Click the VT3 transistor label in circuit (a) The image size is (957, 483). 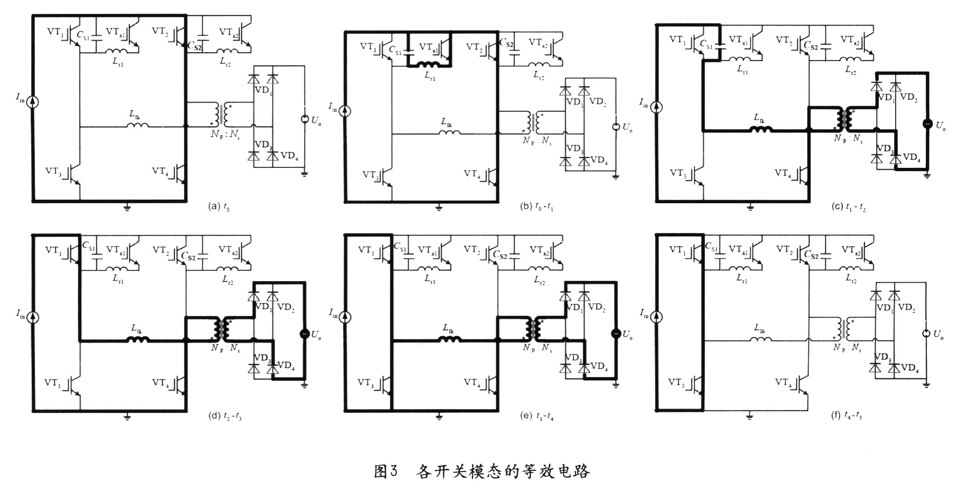(x=55, y=171)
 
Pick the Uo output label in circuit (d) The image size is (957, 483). (x=316, y=335)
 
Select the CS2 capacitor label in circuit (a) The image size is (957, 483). (x=195, y=45)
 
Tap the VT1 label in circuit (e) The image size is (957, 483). (x=367, y=250)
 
